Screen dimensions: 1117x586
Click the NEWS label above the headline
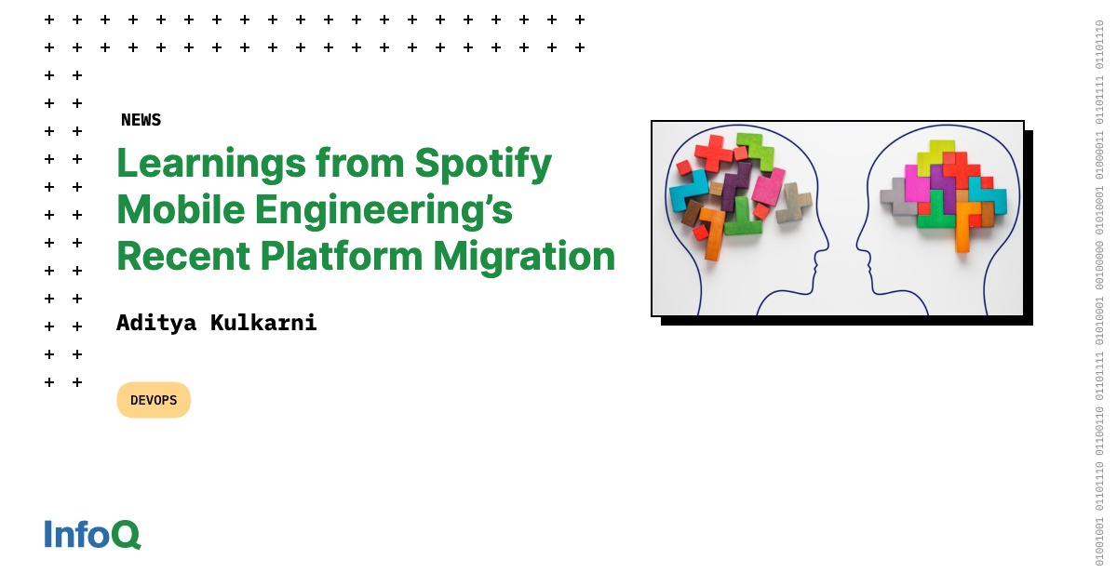pyautogui.click(x=141, y=120)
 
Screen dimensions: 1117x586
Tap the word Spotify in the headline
pyautogui.click(x=483, y=165)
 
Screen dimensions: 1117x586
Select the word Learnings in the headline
pyautogui.click(x=211, y=165)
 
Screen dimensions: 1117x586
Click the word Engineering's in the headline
pyautogui.click(x=384, y=211)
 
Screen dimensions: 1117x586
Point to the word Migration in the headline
pyautogui.click(x=524, y=257)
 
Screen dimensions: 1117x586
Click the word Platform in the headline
pyautogui.click(x=341, y=256)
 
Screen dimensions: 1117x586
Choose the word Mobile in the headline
pyautogui.click(x=181, y=209)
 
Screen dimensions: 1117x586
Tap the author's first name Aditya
pyautogui.click(x=156, y=323)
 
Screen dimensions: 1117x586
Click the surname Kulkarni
pyautogui.click(x=263, y=323)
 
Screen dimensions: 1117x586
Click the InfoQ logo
pyautogui.click(x=92, y=534)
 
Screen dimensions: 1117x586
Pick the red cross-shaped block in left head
pyautogui.click(x=715, y=153)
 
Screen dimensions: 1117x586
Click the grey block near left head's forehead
pyautogui.click(x=793, y=203)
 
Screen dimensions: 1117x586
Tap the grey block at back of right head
pyautogui.click(x=897, y=197)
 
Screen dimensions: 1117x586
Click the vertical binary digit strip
pyautogui.click(x=1099, y=293)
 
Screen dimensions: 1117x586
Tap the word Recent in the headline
pyautogui.click(x=183, y=256)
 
